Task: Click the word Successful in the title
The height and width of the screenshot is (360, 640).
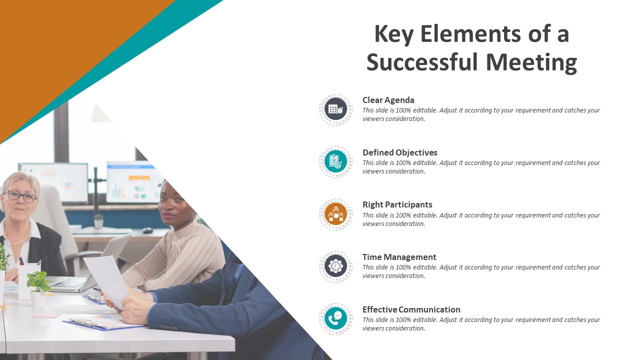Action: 422,62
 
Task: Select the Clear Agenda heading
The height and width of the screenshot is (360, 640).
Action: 388,100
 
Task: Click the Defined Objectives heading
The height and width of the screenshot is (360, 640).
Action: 399,152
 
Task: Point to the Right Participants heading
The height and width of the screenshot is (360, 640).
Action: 397,205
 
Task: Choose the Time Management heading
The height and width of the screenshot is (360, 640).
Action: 399,257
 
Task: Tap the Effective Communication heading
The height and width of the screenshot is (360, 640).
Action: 411,309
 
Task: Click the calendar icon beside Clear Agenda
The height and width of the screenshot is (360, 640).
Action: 335,109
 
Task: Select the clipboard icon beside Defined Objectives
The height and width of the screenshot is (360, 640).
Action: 335,161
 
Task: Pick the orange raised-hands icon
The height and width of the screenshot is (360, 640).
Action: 335,214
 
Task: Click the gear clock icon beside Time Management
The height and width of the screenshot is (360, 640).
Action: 335,266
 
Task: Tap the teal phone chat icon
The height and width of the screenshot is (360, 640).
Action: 335,318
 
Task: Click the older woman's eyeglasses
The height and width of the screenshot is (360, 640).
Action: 20,196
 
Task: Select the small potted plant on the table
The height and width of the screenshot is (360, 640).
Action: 38,289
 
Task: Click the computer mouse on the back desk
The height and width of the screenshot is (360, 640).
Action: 147,230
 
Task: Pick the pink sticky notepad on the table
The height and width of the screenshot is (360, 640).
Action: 47,315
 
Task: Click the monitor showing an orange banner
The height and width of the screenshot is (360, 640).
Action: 133,182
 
